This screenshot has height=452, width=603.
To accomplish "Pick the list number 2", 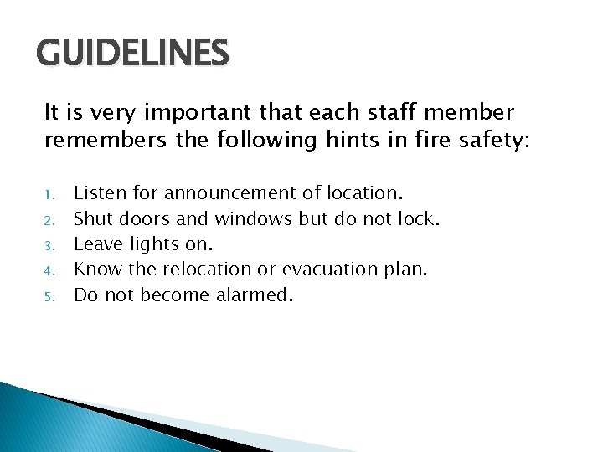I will coord(49,220).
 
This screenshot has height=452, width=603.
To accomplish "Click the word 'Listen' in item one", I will coord(101,193).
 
